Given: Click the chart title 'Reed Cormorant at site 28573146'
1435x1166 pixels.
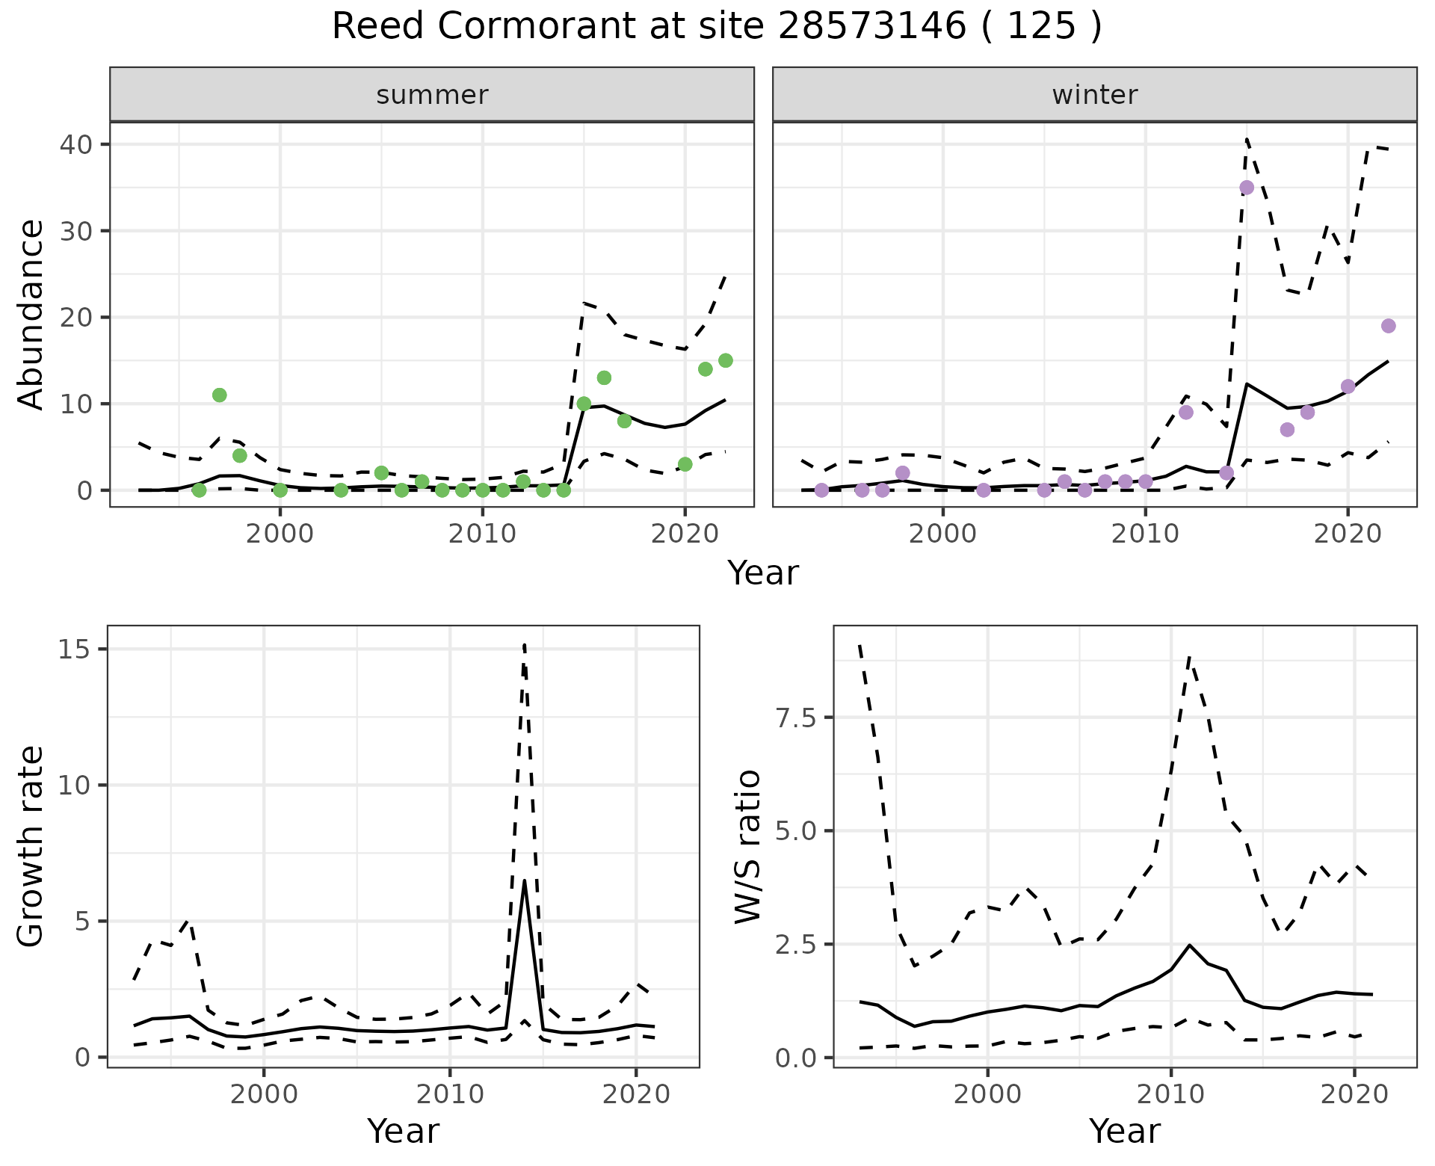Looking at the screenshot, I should [x=716, y=27].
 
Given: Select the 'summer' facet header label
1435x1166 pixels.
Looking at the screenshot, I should [x=432, y=95].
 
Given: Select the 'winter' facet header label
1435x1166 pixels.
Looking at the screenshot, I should [x=1094, y=95].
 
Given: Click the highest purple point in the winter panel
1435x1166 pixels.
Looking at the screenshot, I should [x=1247, y=188].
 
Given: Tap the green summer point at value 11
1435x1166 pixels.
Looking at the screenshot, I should [x=219, y=395].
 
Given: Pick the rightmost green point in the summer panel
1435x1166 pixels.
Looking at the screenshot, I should [x=725, y=360].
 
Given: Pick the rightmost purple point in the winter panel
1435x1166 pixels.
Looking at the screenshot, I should [x=1389, y=326].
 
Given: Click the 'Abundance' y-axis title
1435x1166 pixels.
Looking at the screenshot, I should [x=31, y=315].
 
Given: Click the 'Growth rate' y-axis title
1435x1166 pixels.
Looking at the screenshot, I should [x=31, y=846].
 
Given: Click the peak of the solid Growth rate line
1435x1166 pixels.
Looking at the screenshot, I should [x=525, y=881].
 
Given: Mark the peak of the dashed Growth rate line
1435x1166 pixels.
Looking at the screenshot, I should [x=525, y=644].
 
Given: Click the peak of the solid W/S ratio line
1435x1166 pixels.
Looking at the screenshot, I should [x=1189, y=945].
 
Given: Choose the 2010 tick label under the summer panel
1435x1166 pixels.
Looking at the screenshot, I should [x=482, y=534].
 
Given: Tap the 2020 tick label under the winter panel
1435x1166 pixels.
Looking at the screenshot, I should [x=1348, y=534].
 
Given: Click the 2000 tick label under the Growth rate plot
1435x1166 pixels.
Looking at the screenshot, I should [x=263, y=1094].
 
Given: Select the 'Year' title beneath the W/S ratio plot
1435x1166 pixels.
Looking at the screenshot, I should [x=1125, y=1131].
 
